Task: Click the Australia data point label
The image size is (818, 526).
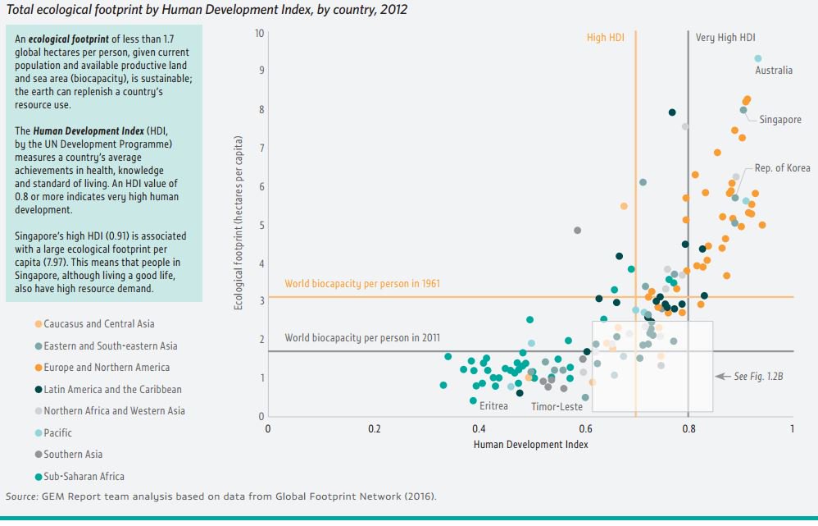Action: click(773, 71)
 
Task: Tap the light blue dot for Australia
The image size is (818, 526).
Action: click(758, 58)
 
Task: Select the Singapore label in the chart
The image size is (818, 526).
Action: click(780, 120)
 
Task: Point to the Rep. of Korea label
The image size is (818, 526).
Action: click(782, 168)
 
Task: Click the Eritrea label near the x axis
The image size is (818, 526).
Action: click(493, 406)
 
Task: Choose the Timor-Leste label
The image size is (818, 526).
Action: click(557, 406)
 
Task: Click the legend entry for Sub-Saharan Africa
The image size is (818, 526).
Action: click(84, 476)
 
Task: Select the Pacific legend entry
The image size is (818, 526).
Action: click(57, 432)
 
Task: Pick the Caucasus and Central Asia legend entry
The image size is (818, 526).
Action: click(98, 324)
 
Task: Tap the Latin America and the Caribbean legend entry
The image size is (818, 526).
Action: click(112, 389)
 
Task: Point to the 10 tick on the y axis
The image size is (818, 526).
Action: click(259, 34)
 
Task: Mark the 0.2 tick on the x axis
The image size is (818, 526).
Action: click(374, 428)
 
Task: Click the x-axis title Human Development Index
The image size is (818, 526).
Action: click(530, 444)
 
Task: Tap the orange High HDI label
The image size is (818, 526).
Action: click(605, 38)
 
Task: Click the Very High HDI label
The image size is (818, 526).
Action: click(725, 38)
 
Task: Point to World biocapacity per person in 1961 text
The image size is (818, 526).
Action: click(362, 284)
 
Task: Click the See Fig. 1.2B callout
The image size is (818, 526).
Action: click(752, 376)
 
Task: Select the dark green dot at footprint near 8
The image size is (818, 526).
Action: click(672, 112)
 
